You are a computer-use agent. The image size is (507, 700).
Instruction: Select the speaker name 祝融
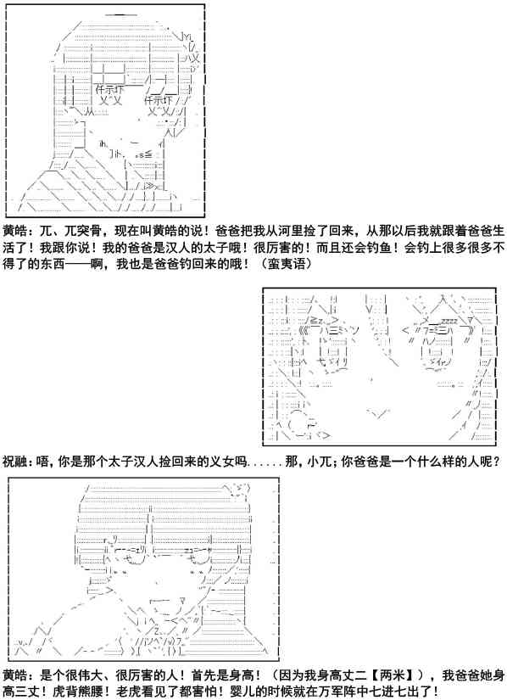15,461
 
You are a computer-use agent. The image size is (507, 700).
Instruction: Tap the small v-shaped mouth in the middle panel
378,414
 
